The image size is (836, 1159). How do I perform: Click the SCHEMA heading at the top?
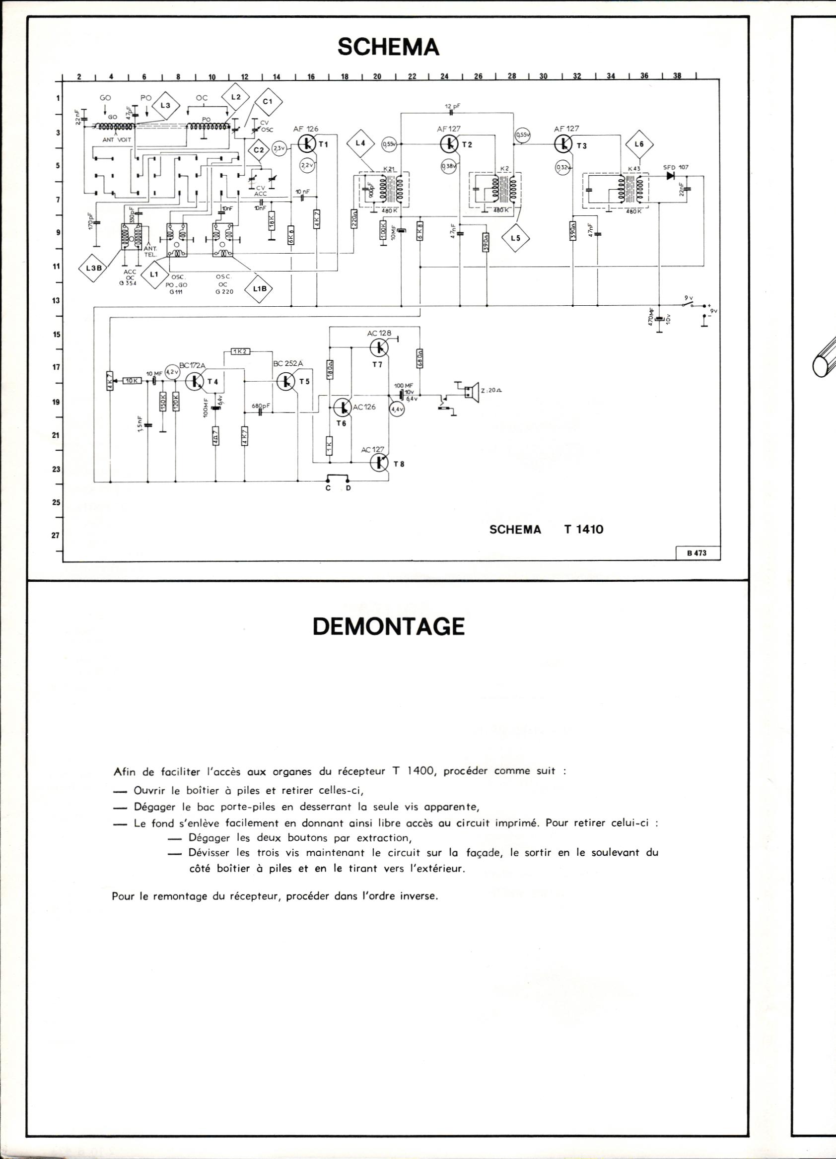click(x=388, y=48)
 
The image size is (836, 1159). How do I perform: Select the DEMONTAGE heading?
click(x=388, y=627)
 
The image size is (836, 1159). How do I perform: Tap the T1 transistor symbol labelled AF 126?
click(x=307, y=144)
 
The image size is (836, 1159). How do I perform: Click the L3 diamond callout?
click(x=164, y=105)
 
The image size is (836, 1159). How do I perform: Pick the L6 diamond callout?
click(x=639, y=144)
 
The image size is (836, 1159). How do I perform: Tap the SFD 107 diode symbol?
click(x=669, y=176)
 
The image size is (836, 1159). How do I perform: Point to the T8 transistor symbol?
click(x=380, y=463)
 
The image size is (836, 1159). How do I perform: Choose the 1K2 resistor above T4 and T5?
click(x=240, y=351)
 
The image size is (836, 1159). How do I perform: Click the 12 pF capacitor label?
click(x=452, y=106)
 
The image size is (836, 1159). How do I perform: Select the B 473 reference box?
click(x=697, y=552)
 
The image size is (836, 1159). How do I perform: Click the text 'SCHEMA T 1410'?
click(x=545, y=530)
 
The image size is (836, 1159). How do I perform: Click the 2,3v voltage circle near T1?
click(x=279, y=148)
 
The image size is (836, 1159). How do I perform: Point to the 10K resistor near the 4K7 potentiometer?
click(x=132, y=380)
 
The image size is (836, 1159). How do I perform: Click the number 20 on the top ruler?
click(x=378, y=76)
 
